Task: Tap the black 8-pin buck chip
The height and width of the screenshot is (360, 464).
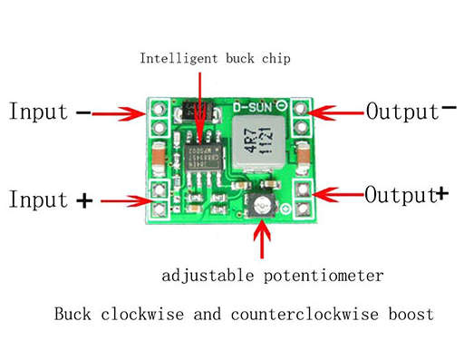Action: coord(208,153)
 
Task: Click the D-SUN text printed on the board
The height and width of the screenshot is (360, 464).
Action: coord(251,107)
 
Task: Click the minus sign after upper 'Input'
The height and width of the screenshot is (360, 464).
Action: coord(83,113)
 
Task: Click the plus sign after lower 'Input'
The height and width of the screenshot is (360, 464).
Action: coord(84,200)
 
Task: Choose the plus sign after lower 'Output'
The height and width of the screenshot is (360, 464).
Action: coord(442,194)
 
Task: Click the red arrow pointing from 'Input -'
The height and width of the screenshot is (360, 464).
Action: coord(121,113)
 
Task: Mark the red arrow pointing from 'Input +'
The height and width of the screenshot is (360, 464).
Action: coord(121,196)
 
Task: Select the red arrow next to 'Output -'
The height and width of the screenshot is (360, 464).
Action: coord(340,112)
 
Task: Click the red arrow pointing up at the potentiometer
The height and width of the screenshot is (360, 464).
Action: coord(263,240)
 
